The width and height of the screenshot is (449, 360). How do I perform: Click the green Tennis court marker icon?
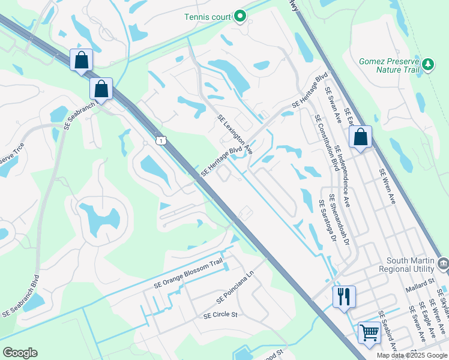pos(241,16)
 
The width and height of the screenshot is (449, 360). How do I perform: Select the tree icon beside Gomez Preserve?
pos(428,64)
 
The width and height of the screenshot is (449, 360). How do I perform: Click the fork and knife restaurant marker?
pos(344,296)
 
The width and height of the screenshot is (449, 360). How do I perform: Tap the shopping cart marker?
pos(369,332)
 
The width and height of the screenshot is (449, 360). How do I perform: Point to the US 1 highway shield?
pos(160,140)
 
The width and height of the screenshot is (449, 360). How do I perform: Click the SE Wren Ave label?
pos(387,186)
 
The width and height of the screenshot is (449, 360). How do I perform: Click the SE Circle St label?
pos(220,314)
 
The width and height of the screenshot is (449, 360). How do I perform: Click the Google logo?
pos(20,353)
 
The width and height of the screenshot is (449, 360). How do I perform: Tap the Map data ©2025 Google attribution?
pos(411,355)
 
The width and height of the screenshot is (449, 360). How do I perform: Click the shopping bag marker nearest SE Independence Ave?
pos(360,137)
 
